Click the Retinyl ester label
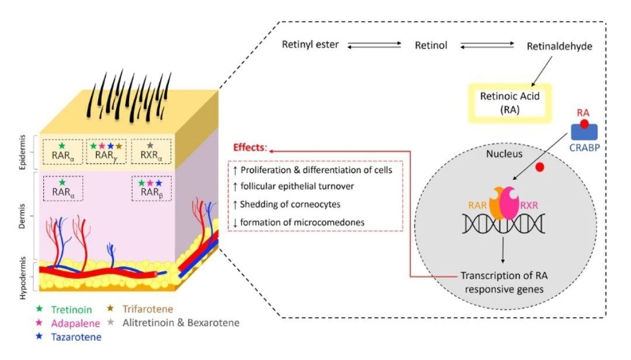[x=310, y=44]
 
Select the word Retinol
[x=431, y=45]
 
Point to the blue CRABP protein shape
[x=582, y=133]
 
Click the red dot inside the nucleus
[x=540, y=168]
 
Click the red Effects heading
[x=250, y=147]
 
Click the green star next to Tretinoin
[x=39, y=308]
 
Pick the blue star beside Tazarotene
[x=39, y=336]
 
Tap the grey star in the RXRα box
[x=150, y=145]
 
